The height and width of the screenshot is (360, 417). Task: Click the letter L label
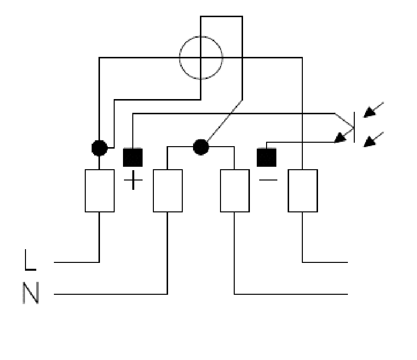tap(30, 260)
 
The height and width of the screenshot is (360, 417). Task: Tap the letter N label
tap(31, 293)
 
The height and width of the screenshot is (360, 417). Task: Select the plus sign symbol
tap(133, 180)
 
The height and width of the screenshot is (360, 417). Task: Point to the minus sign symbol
tap(268, 180)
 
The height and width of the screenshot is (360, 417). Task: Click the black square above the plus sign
tap(133, 157)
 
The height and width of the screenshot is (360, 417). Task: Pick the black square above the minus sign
tap(267, 157)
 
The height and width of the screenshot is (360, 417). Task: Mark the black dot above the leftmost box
tap(99, 148)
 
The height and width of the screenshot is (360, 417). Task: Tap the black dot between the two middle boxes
tap(201, 147)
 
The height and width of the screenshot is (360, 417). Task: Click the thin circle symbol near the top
tap(201, 37)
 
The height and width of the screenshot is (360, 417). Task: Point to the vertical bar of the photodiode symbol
tap(354, 128)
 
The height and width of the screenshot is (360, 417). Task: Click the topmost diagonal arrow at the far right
tap(373, 110)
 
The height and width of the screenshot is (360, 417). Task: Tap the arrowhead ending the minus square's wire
tap(340, 138)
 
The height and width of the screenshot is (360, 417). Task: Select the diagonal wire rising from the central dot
tap(225, 120)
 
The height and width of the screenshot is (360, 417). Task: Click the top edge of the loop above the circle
tap(221, 17)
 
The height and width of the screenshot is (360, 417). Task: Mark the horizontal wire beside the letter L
tap(76, 262)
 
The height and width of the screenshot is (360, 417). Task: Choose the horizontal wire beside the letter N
tap(111, 294)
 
